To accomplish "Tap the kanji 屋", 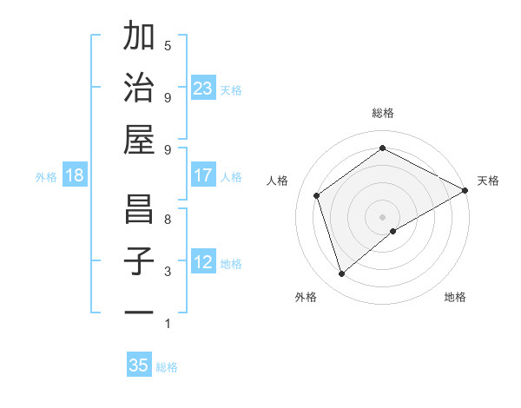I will pos(139,140).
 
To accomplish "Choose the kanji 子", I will pos(139,262).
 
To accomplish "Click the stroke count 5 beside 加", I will pos(168,45).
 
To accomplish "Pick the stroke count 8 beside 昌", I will pos(168,220).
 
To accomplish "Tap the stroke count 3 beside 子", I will pos(168,272).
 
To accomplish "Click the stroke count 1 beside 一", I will pos(168,324).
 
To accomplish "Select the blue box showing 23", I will pos(203,88).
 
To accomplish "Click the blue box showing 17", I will pos(203,175).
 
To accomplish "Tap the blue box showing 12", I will pos(203,262).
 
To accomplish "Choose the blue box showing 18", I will pos(75,175).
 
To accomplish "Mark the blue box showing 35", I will pos(139,365).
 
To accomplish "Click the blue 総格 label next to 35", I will pos(167,367).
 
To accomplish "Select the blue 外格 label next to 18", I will pos(46,177).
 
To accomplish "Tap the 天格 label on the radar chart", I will pos(488,181).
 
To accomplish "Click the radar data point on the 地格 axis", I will pos(393,231).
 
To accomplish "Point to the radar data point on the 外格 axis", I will pos(341,274).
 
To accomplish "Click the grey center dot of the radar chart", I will pos(382,216).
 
